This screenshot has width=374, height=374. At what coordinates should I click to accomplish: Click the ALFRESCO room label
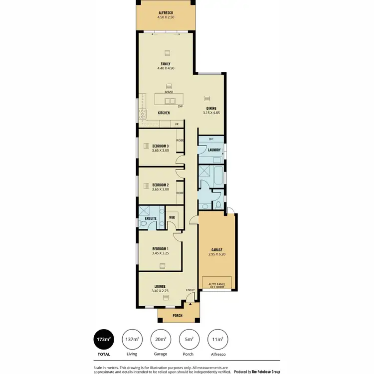point(165,12)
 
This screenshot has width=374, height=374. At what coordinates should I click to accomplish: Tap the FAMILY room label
point(166,63)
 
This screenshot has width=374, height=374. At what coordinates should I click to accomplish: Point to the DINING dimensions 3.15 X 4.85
point(211,113)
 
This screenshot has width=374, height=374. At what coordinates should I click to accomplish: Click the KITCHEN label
point(164,113)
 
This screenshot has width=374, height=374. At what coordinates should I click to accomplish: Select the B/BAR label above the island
point(169,92)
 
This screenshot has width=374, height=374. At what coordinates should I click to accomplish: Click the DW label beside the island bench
point(180,106)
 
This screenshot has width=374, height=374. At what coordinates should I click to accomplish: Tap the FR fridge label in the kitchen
point(177,124)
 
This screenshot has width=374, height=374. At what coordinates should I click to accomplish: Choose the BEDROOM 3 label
point(161,146)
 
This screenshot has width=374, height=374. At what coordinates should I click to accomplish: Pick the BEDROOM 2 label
point(161,185)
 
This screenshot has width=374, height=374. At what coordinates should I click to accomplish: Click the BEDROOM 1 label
point(161,248)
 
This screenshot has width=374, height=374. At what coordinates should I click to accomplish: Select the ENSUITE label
point(151,218)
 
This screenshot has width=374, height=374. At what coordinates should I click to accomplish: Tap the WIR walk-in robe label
point(172,217)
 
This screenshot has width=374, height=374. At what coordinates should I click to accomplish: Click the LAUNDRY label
point(214,150)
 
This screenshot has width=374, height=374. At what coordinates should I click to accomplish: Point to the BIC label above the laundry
point(204,139)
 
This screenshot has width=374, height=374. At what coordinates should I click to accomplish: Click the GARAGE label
point(216,249)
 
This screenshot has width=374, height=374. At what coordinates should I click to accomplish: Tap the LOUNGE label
point(160,286)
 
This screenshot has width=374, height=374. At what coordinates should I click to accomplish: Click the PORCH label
point(177,316)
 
